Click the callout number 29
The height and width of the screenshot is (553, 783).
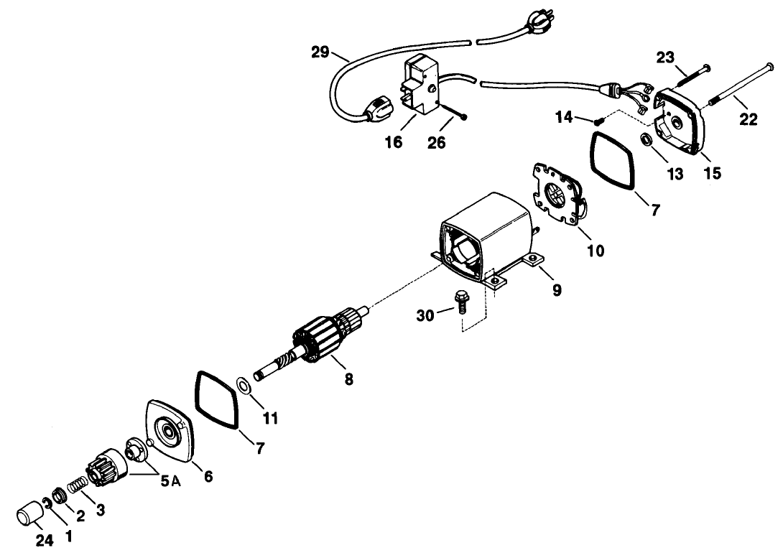point(320,53)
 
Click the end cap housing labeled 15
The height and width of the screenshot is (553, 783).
point(682,121)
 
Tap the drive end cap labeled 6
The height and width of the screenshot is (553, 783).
point(170,433)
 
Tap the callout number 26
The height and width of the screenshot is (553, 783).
point(436,143)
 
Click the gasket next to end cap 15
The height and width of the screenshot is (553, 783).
point(613,161)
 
